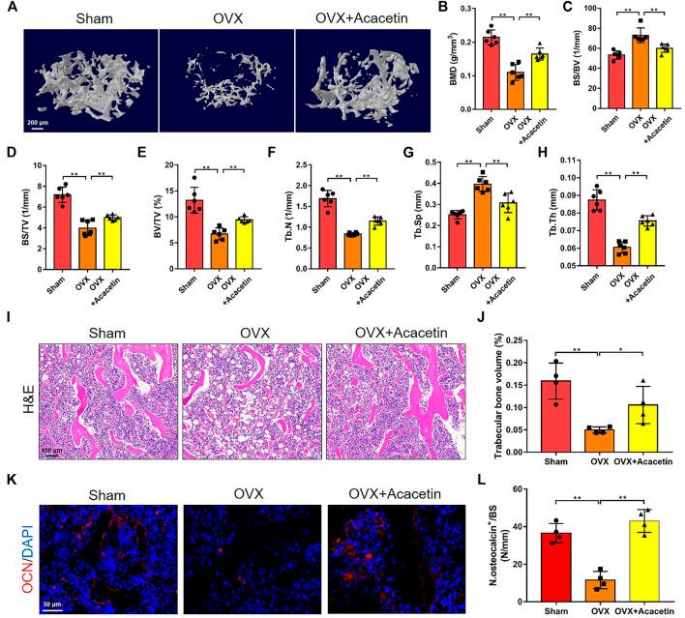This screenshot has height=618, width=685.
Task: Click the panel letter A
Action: coord(9,10)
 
